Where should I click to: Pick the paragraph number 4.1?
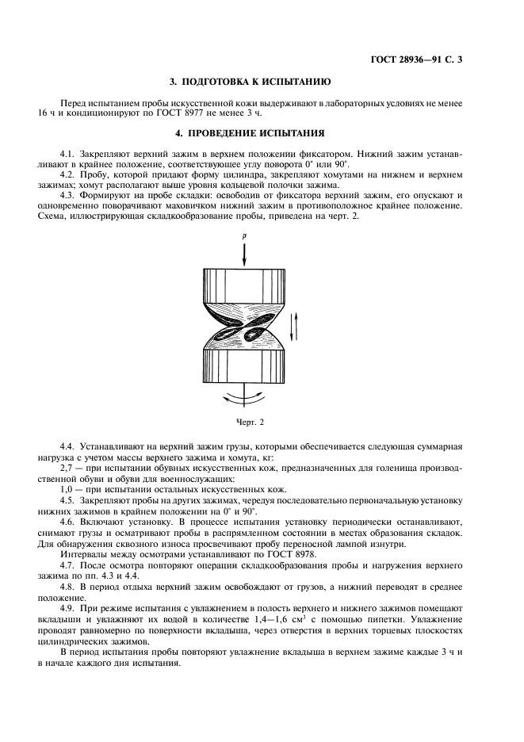pyautogui.click(x=69, y=151)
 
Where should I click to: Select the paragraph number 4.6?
pyautogui.click(x=69, y=523)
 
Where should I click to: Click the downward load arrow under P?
pyautogui.click(x=246, y=254)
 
